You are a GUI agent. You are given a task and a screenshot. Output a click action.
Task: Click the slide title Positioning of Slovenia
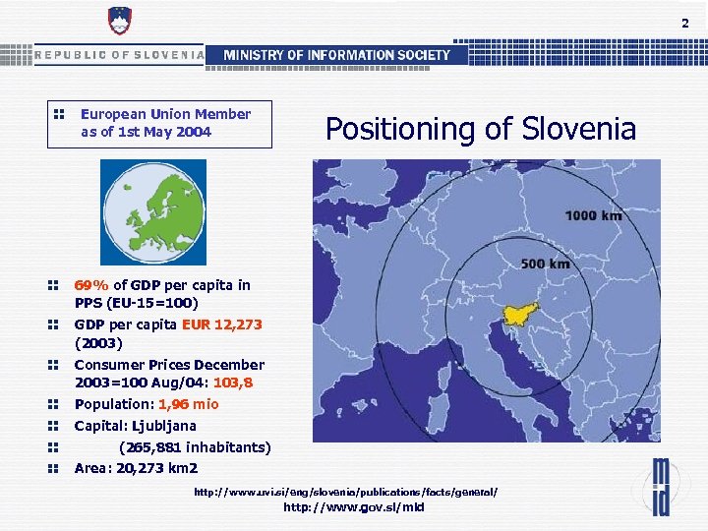pos(481,129)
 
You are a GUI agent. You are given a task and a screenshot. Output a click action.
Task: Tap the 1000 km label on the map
pos(593,215)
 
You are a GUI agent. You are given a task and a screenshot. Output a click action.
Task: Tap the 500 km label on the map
pos(545,264)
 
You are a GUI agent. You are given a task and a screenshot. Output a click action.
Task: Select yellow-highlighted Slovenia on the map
pos(519,314)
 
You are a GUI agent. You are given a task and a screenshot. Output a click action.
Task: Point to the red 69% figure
pos(91,285)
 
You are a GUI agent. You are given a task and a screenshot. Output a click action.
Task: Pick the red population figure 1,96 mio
pos(181,404)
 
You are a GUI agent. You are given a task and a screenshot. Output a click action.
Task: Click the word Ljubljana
pos(158,426)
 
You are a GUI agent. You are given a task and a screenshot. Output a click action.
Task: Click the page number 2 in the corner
pos(685,23)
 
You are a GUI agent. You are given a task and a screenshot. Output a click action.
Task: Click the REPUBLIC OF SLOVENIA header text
pos(119,55)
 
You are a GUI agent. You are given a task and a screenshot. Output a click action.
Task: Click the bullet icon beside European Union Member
pos(58,114)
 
